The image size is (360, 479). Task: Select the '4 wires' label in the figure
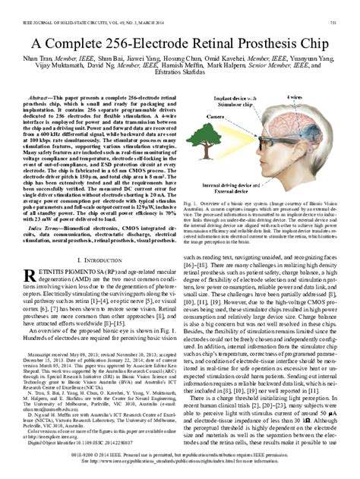point(314,98)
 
